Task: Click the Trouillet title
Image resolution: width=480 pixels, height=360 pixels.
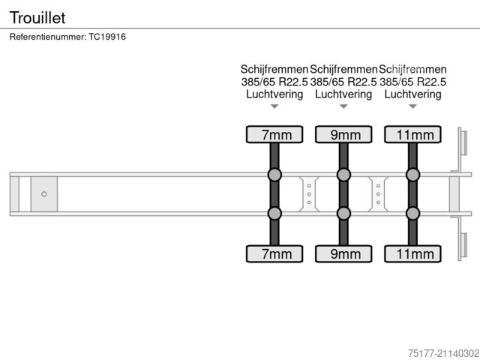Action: [x=37, y=17]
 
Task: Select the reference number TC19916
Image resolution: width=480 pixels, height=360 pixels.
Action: [x=107, y=37]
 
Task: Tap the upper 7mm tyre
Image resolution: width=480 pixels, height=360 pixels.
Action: [x=274, y=134]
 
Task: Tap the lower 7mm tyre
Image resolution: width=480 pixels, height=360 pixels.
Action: [x=274, y=253]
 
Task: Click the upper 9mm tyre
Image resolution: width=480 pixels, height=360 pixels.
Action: [x=343, y=134]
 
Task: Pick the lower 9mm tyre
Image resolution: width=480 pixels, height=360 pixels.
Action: [x=343, y=253]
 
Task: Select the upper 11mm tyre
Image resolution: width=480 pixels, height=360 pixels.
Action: [x=413, y=134]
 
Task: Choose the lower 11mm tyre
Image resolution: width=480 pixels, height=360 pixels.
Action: [x=413, y=253]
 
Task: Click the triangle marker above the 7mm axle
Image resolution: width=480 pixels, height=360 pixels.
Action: [x=274, y=106]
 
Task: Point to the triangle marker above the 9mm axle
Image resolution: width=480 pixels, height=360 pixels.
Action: [x=343, y=106]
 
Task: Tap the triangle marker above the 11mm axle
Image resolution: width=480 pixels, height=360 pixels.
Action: [x=413, y=106]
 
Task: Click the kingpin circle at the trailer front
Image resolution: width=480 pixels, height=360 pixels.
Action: [x=44, y=194]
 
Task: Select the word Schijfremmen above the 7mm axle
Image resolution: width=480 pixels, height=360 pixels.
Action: [x=274, y=70]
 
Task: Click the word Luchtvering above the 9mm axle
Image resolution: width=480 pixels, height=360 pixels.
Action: [x=343, y=94]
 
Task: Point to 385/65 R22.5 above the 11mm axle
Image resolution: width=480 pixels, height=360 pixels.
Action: [x=413, y=82]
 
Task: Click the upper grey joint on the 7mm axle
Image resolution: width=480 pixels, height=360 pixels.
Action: [x=274, y=175]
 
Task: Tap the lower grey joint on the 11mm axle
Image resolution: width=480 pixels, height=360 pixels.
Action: [x=413, y=213]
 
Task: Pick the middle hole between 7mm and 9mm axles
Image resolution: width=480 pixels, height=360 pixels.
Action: [x=309, y=194]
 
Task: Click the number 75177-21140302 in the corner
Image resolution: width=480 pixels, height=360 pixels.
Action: [x=443, y=353]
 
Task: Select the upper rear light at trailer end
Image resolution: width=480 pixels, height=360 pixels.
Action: [x=463, y=143]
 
